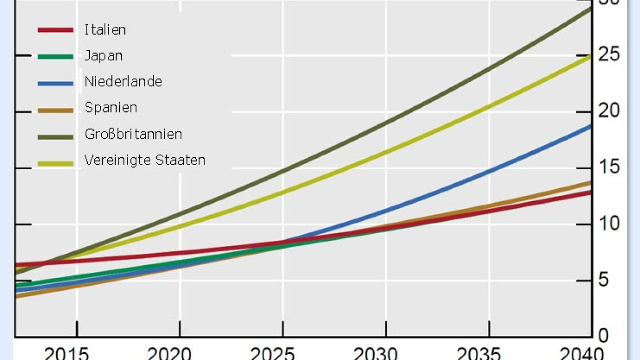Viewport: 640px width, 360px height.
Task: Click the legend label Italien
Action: point(105,29)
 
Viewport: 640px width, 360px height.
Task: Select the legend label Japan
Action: point(103,56)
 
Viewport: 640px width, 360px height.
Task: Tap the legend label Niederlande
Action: point(123,81)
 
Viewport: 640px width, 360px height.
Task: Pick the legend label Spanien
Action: point(110,108)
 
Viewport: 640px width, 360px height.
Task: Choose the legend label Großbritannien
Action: point(133,134)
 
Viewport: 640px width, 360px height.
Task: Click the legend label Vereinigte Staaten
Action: point(145,160)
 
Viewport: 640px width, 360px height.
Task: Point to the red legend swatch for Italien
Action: point(56,30)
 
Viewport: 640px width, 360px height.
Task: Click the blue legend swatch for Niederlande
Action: point(56,82)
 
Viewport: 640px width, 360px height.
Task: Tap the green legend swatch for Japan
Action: point(56,56)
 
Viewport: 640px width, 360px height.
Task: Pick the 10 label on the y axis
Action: point(608,224)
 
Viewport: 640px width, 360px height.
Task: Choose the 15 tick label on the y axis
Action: point(608,168)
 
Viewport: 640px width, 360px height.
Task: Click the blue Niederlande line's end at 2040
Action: point(589,126)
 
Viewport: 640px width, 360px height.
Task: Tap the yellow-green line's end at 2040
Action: point(589,56)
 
